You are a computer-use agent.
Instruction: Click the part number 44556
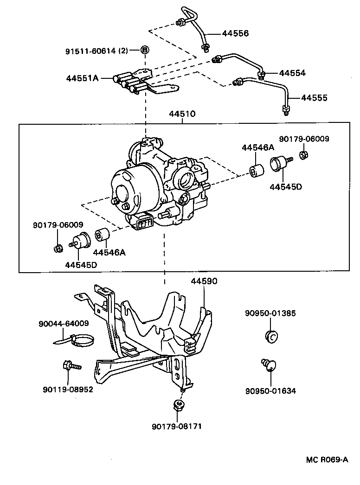[x=235, y=33]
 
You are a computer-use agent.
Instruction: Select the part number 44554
[x=293, y=73]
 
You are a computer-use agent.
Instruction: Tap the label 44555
[x=314, y=98]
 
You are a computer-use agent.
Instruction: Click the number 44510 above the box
[x=182, y=114]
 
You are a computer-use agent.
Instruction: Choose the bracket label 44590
[x=204, y=281]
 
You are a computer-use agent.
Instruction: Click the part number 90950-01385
[x=270, y=313]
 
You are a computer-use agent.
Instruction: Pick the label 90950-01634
[x=270, y=391]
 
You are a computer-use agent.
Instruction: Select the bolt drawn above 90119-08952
[x=69, y=366]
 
